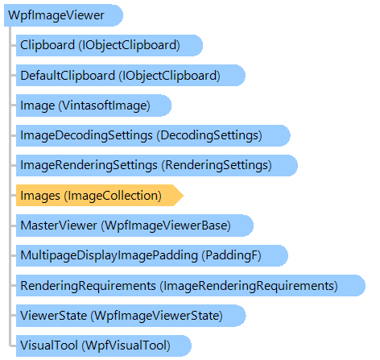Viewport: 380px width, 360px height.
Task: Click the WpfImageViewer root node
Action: click(64, 15)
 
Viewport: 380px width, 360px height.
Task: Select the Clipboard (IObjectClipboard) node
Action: click(109, 45)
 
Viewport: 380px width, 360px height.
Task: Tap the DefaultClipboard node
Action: click(130, 76)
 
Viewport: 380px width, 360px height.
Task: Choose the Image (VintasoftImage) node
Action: click(93, 106)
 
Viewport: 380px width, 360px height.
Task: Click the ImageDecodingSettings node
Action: click(153, 135)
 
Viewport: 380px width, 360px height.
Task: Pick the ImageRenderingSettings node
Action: click(157, 165)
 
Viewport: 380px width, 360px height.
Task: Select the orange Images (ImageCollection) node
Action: click(100, 196)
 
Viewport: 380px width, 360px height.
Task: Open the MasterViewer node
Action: click(134, 226)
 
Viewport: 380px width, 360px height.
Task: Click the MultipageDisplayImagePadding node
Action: click(152, 255)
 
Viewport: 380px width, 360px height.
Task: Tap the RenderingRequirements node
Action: click(191, 286)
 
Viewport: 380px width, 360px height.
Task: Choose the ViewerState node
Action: click(131, 316)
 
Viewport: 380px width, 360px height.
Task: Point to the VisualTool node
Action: click(104, 346)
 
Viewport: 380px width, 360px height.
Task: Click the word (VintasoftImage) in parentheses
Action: click(104, 106)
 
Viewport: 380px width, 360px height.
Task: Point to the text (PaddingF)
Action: click(231, 255)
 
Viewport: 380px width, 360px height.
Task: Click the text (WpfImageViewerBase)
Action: click(166, 226)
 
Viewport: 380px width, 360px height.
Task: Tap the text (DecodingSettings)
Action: click(209, 135)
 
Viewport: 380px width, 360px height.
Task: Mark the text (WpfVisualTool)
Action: click(126, 346)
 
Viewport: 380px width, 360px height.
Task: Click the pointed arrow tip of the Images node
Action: click(183, 196)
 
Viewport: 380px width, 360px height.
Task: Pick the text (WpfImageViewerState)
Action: click(157, 316)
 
